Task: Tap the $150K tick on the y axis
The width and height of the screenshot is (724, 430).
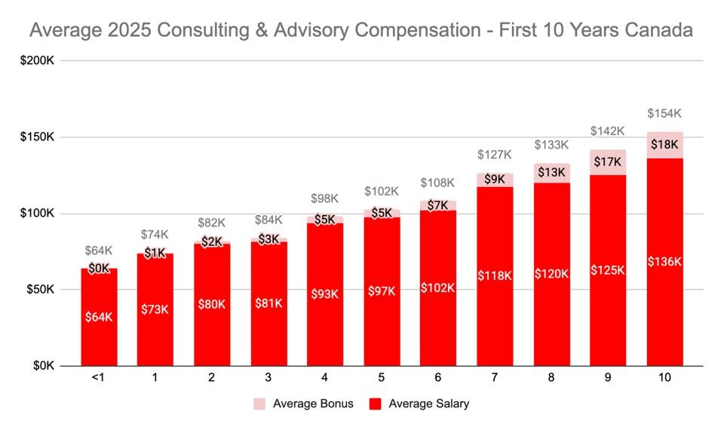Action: pos(37,137)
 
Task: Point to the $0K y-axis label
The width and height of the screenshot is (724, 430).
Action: pos(44,366)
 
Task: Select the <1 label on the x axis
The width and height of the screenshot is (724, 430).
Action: pos(98,377)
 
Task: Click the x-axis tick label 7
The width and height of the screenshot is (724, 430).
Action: pos(495,377)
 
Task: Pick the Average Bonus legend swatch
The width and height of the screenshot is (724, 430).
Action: pos(259,404)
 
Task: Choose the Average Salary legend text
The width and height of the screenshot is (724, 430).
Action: pos(429,404)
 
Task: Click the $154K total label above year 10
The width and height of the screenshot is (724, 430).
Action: pos(664,114)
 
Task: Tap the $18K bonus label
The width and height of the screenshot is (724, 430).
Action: pos(664,145)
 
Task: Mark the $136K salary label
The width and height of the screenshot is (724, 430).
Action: pos(664,262)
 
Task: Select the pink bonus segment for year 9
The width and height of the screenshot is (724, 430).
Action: pos(608,162)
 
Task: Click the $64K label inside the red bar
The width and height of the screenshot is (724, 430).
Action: pos(99,318)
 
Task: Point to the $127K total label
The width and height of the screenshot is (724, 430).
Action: pos(495,155)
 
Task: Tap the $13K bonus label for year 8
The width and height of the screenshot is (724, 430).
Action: pos(551,172)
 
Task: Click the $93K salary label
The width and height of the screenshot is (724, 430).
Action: pos(324,294)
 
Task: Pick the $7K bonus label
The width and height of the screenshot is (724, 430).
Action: pos(437,205)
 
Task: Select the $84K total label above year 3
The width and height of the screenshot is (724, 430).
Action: pos(268,220)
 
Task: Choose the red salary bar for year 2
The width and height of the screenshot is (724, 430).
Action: pos(212,305)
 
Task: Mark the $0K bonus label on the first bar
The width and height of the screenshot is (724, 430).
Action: pos(99,269)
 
